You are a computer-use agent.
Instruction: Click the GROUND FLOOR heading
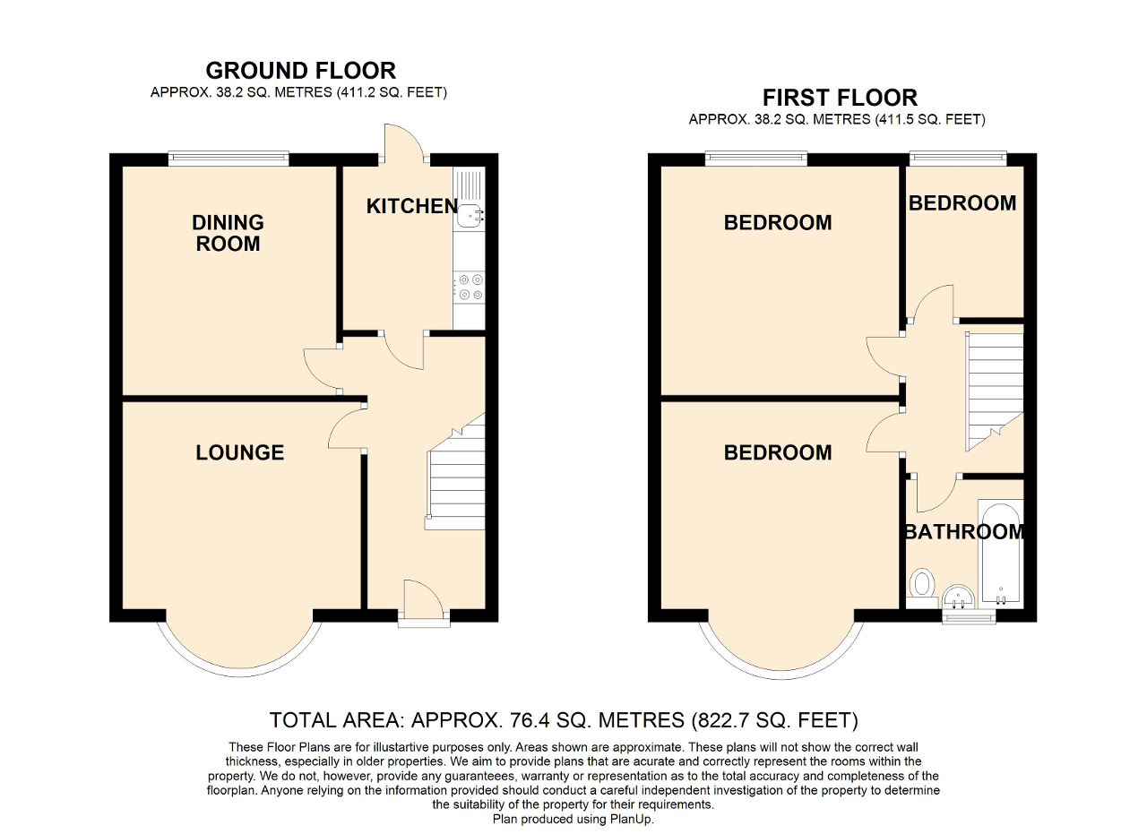coord(300,70)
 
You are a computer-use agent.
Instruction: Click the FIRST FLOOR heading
coord(840,97)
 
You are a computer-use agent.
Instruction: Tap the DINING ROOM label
coord(228,233)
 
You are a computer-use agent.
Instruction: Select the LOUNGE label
coord(239,453)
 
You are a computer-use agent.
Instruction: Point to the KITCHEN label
coord(411,206)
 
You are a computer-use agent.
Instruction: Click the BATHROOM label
coord(963,532)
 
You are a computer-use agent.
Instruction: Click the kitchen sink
coord(470,213)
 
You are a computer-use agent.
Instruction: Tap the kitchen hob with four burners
coord(470,288)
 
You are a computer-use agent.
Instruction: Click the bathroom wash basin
coord(958,595)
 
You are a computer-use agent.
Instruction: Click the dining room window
coord(229,160)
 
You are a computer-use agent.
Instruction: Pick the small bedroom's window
coord(958,160)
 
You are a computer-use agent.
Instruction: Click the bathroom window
coord(969,616)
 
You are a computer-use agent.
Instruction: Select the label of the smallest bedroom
coord(962,203)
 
